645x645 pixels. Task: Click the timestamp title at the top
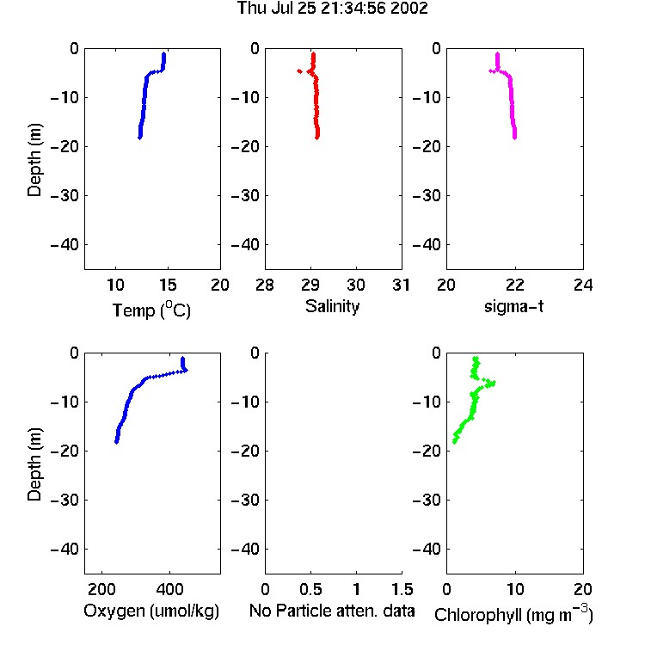point(332,9)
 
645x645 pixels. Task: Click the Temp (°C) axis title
point(151,310)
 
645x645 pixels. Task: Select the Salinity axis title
point(332,306)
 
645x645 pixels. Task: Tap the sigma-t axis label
point(513,306)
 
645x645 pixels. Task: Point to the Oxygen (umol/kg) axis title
point(151,611)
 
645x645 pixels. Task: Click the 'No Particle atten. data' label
point(332,611)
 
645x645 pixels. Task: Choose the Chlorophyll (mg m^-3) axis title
point(513,614)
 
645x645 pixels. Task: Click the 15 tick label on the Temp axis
point(168,285)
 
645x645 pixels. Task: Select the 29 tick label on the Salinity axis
point(310,285)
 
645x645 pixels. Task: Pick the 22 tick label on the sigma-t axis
point(514,285)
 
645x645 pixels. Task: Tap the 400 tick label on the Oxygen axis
point(169,589)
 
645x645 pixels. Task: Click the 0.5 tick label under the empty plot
point(310,589)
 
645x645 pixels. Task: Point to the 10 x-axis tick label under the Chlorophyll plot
point(515,589)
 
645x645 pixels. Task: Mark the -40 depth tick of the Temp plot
point(64,245)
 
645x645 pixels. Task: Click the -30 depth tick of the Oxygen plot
point(64,500)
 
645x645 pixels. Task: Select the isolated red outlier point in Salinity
point(299,71)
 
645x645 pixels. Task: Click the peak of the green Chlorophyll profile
point(493,384)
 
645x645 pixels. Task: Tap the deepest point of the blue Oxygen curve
point(116,442)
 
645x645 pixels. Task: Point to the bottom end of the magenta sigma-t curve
point(514,138)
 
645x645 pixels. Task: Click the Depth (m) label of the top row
point(34,160)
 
